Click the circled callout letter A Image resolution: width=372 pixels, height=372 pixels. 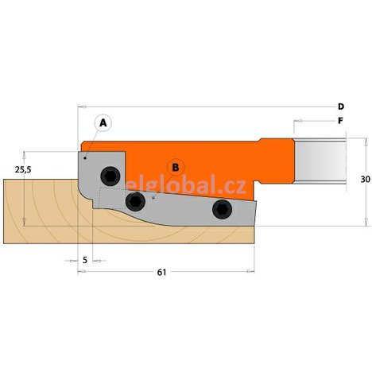click(x=103, y=123)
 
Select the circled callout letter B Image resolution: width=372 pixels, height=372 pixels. click(x=176, y=166)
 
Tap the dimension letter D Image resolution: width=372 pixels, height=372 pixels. click(x=340, y=107)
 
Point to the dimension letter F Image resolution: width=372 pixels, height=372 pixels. click(x=340, y=122)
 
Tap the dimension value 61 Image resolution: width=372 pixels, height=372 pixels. click(x=161, y=273)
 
